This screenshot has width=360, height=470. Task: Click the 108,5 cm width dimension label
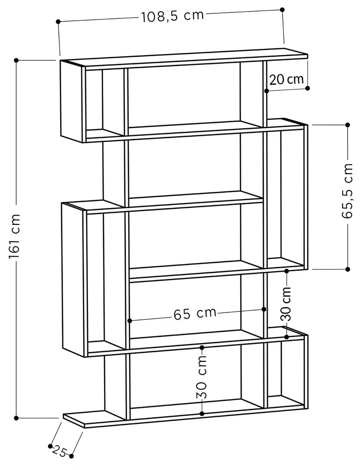tap(172, 16)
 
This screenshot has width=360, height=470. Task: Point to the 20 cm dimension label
tap(287, 79)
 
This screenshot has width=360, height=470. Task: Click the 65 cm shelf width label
tap(195, 313)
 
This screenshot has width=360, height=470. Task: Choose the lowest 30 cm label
tap(202, 377)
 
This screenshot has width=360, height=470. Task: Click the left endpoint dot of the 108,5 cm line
tap(58, 22)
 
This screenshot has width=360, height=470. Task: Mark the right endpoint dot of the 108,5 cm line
tap(282, 10)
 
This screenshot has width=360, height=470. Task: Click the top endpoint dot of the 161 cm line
tap(17, 60)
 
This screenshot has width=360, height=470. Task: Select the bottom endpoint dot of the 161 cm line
tap(17, 418)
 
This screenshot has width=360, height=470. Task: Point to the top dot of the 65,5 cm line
tap(348, 125)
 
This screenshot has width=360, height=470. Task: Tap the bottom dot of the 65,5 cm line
tap(348, 269)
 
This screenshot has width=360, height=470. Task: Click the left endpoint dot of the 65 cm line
tap(130, 321)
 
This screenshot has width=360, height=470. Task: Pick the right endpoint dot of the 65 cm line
tap(264, 309)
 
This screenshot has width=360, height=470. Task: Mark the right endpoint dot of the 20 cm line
tap(308, 88)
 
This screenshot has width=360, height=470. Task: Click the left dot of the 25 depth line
tap(50, 446)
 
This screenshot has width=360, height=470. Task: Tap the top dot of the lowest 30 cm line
tap(202, 347)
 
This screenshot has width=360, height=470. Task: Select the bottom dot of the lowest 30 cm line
tap(202, 414)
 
